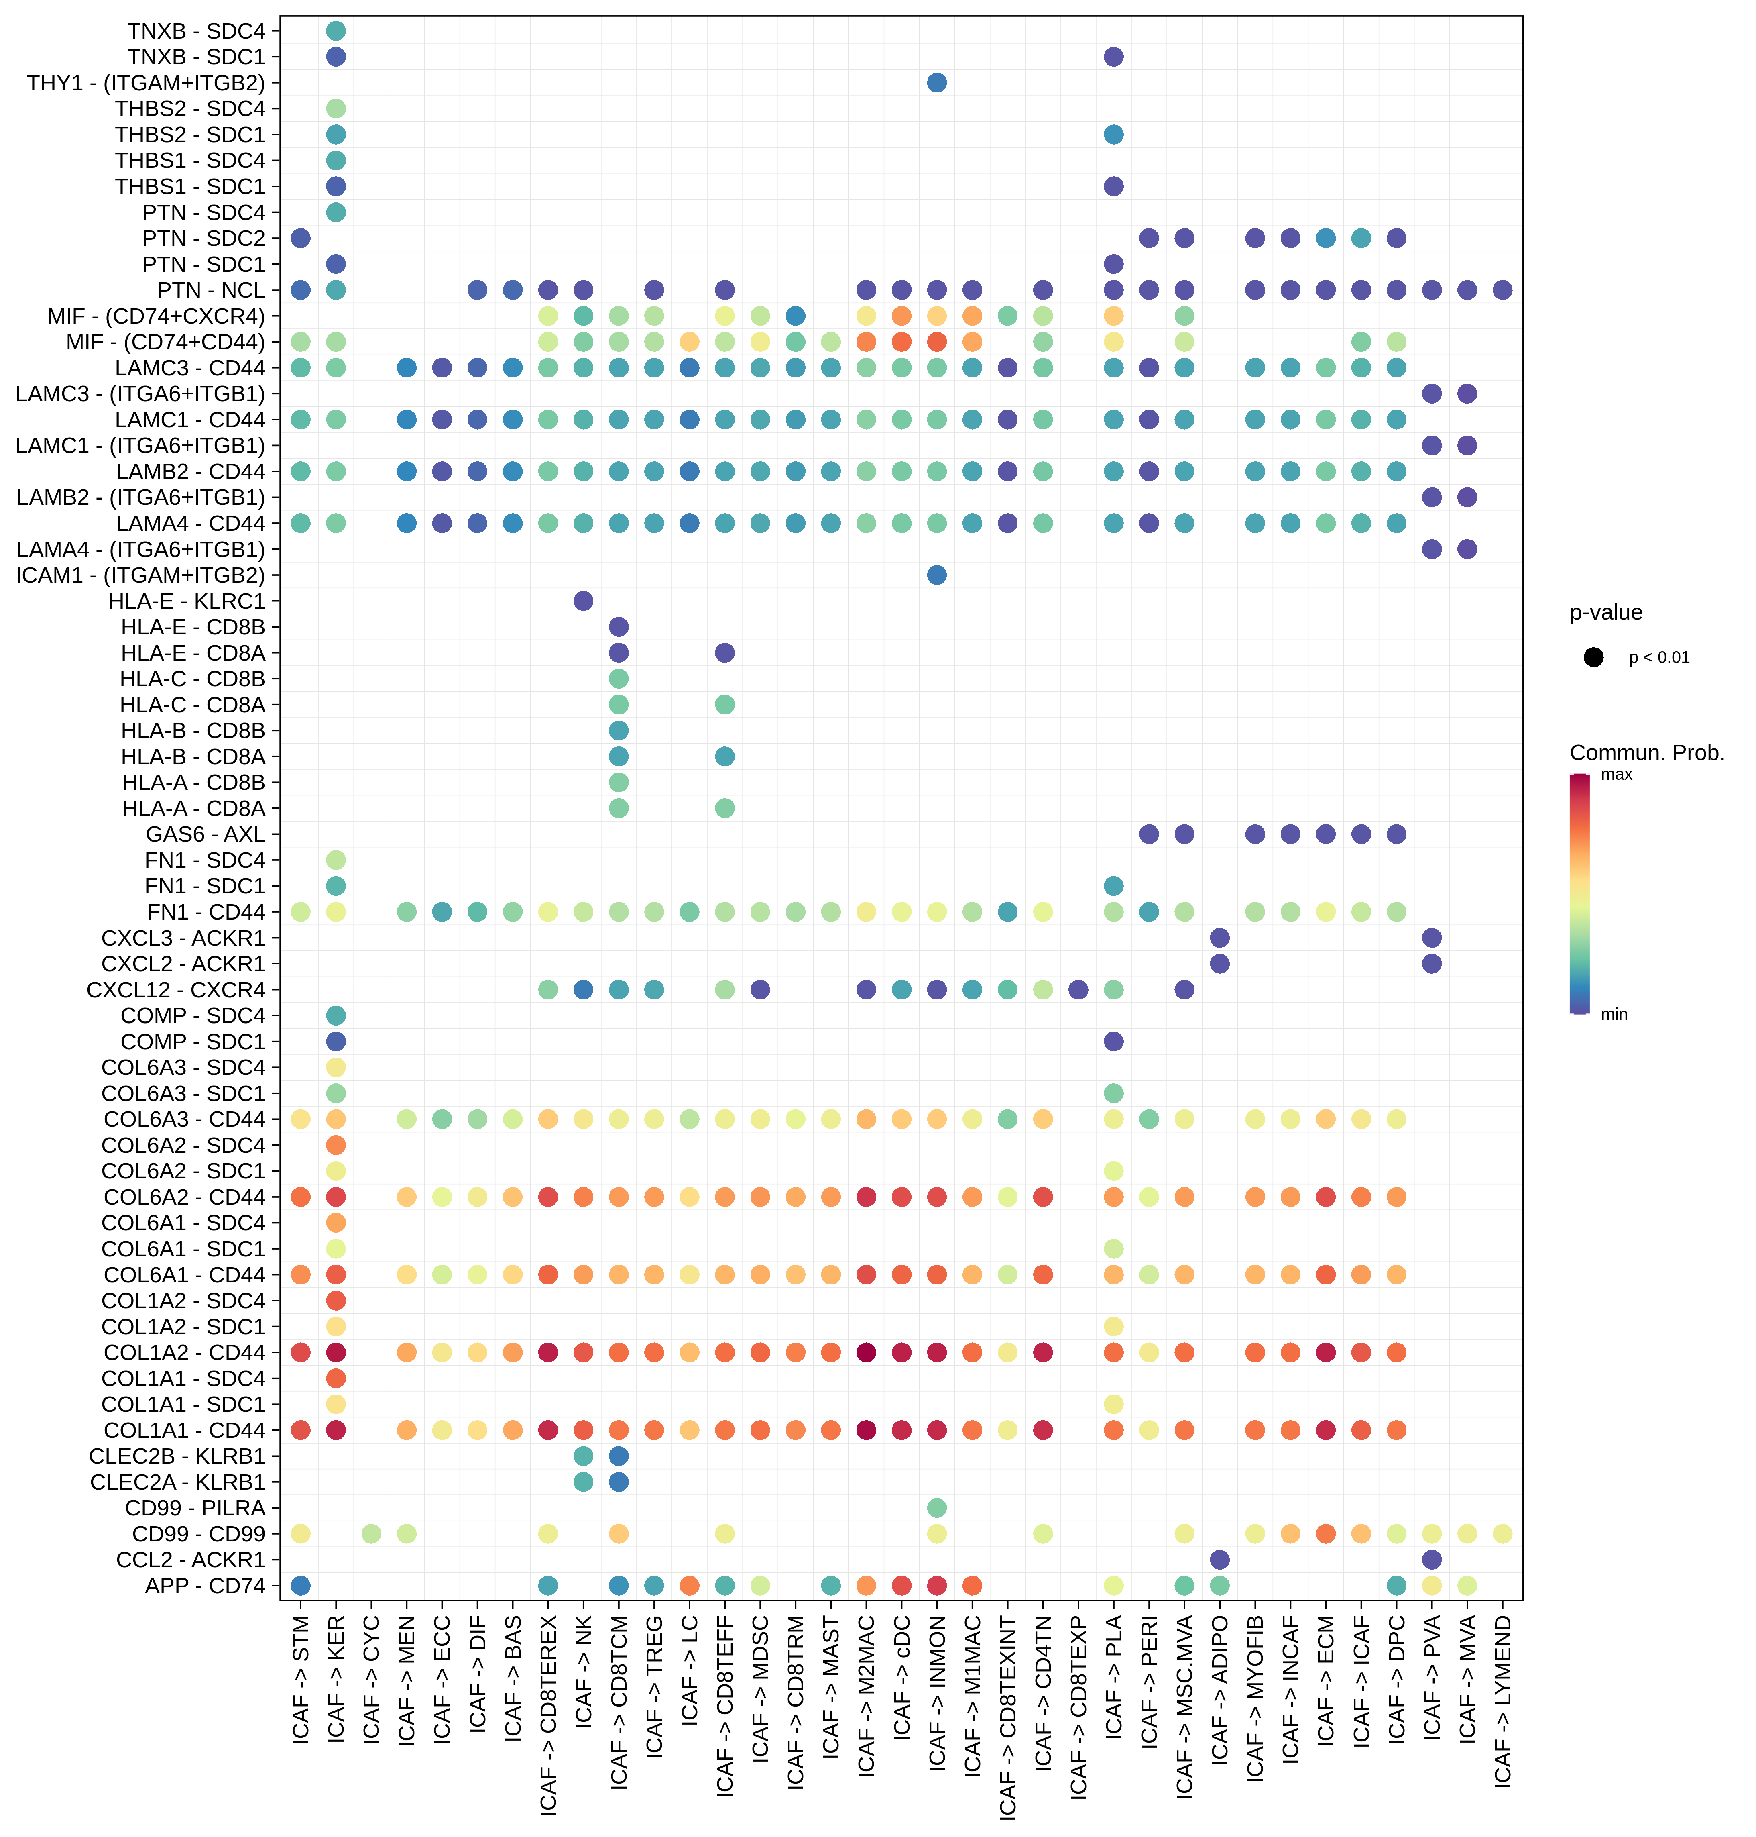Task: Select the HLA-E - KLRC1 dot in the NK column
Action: (x=583, y=600)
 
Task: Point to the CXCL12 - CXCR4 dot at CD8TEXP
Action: (x=1078, y=989)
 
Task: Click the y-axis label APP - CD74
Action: (x=205, y=1585)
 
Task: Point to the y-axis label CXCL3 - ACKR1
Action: (x=183, y=937)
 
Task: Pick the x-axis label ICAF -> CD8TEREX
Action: (x=549, y=1715)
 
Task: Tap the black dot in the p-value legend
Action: (x=1593, y=657)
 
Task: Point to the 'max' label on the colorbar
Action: (x=1617, y=774)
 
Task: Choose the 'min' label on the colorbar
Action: (x=1614, y=1014)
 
